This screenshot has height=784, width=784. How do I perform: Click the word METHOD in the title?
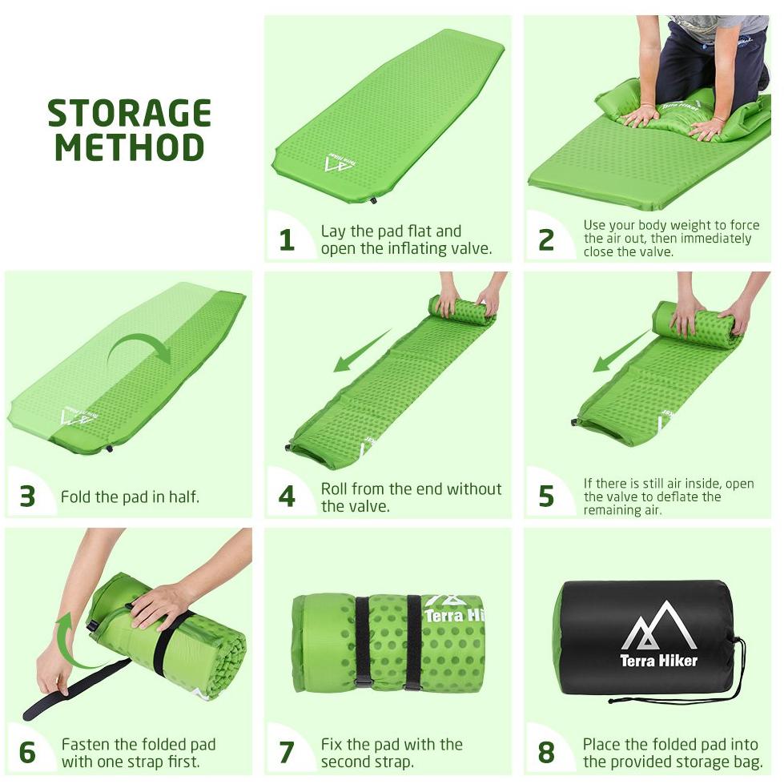(x=130, y=147)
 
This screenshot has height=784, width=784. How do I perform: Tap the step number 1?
(x=287, y=240)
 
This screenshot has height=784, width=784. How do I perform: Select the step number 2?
(x=546, y=240)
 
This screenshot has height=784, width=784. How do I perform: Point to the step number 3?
(x=27, y=497)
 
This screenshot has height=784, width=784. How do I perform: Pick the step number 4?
(x=287, y=497)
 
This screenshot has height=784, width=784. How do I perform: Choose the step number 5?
(x=546, y=497)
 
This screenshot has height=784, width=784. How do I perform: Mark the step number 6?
(x=27, y=753)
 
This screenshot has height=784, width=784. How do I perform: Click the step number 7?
(x=287, y=753)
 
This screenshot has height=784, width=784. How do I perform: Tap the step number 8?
(x=546, y=753)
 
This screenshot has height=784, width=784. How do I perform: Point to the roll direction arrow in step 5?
(x=622, y=352)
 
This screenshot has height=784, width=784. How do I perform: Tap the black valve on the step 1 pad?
(x=373, y=200)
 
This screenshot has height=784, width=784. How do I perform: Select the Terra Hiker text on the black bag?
(x=658, y=661)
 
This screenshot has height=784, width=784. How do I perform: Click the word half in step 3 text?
(x=183, y=497)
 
